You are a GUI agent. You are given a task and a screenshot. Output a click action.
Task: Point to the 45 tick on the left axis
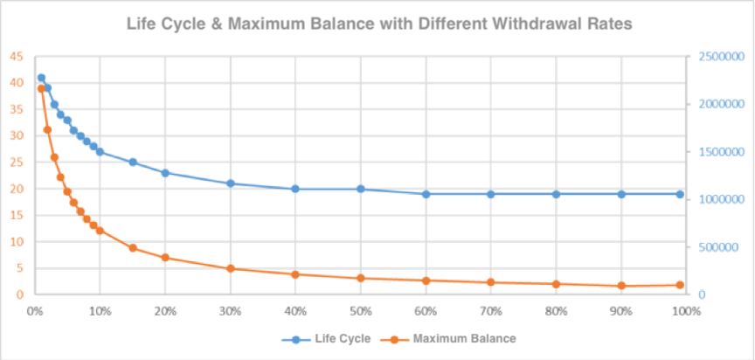tap(17, 56)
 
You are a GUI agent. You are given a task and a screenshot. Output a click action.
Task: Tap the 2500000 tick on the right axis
tap(720, 56)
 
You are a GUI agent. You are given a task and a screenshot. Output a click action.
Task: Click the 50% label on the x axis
tap(360, 309)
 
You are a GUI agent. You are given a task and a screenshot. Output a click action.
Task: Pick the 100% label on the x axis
tap(686, 309)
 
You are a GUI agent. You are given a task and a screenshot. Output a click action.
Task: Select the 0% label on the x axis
tap(34, 309)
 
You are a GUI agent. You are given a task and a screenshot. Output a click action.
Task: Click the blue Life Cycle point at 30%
tap(231, 183)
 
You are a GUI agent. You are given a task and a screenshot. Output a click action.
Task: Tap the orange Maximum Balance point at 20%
tap(165, 258)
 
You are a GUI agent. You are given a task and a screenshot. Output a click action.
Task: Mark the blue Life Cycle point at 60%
tap(426, 194)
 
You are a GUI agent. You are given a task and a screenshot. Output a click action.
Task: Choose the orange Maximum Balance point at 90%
tap(621, 286)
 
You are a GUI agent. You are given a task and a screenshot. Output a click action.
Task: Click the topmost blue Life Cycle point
tap(41, 78)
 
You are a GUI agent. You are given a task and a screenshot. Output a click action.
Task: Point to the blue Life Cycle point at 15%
tap(133, 162)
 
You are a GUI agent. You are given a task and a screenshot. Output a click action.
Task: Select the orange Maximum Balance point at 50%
tap(361, 278)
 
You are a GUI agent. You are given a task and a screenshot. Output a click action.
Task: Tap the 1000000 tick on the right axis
tap(720, 199)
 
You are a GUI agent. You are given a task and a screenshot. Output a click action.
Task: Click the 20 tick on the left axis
tap(17, 189)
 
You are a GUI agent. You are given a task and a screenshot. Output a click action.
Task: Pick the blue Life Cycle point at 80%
tap(556, 194)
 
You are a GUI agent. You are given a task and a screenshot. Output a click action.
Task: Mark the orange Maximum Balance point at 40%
tap(295, 274)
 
